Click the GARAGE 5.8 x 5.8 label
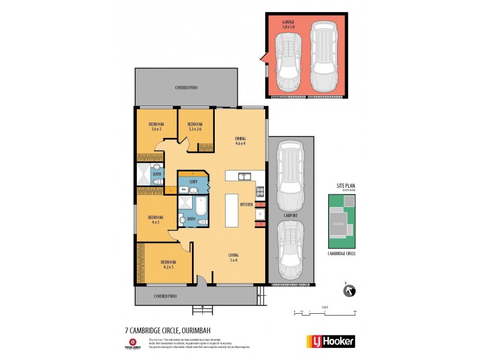tap(289, 24)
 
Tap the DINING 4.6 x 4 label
tap(241, 141)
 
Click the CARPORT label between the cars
tap(290, 213)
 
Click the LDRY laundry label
tap(193, 181)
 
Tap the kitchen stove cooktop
tap(260, 192)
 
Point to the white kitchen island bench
tap(232, 210)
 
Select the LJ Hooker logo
tap(331, 341)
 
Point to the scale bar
tap(325, 311)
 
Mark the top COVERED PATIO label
tap(186, 88)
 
